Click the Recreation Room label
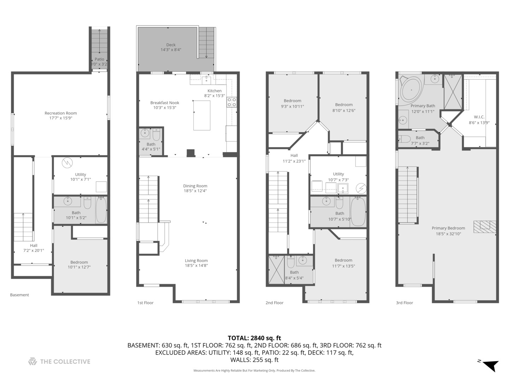60,113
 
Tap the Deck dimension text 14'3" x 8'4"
171,49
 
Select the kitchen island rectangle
202,115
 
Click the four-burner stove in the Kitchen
232,102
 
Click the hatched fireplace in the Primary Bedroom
484,226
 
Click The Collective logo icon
33,361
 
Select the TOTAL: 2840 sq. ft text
255,338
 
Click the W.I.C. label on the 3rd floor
479,117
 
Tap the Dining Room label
195,186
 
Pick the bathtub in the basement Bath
101,210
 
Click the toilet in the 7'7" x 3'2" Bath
405,139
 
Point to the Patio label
99,59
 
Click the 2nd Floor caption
275,303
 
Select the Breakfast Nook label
165,103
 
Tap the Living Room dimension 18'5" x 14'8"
196,265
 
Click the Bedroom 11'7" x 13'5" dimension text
344,266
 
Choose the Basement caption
19,295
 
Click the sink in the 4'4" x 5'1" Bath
145,133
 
